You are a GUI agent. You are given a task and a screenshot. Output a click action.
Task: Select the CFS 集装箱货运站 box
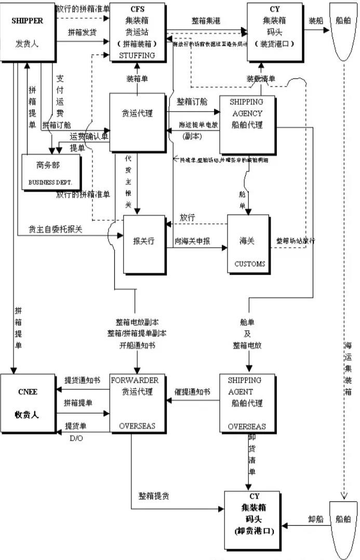point(137,32)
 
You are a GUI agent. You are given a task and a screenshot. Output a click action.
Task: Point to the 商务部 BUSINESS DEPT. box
point(51,174)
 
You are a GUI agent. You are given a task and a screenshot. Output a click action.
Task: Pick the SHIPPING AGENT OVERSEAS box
point(247,403)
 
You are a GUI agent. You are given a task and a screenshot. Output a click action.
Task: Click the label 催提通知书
point(193,391)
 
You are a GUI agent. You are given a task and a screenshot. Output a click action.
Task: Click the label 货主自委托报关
point(55,229)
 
